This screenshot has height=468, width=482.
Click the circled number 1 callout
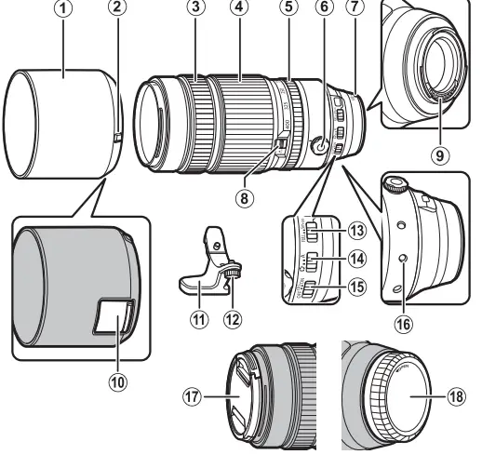click(x=63, y=11)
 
